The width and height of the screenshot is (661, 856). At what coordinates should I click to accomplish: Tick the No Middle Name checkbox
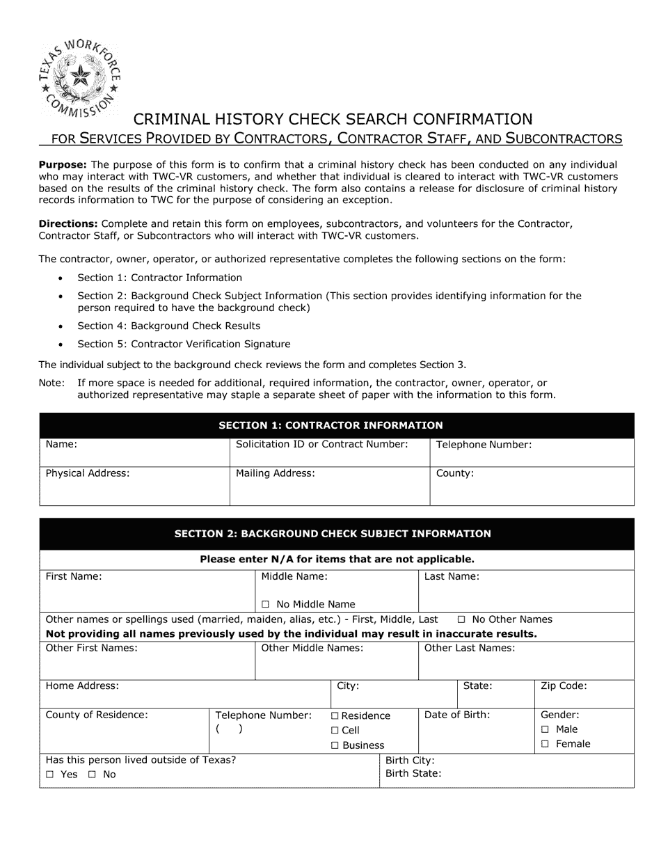266,604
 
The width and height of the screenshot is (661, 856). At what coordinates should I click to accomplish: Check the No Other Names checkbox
461,619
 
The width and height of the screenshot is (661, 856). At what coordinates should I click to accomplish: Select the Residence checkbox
335,715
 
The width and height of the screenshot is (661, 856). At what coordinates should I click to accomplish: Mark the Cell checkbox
335,730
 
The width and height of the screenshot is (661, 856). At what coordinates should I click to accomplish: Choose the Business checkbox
335,745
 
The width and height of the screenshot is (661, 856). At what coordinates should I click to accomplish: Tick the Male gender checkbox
545,729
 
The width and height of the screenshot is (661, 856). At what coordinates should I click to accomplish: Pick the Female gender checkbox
545,744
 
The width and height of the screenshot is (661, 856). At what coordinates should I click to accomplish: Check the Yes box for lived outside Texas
50,775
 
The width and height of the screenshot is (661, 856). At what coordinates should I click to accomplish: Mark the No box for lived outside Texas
93,775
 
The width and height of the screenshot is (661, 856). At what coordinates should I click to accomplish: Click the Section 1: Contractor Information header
330,425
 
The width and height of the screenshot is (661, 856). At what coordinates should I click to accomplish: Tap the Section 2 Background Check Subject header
332,534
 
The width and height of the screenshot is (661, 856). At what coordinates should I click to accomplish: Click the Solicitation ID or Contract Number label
321,444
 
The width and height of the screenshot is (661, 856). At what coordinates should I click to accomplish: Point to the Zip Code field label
564,685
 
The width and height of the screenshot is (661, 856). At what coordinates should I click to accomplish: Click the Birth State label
413,773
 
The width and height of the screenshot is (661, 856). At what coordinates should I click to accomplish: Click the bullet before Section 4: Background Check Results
61,326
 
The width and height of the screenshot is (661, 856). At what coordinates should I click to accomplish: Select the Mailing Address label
276,473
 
